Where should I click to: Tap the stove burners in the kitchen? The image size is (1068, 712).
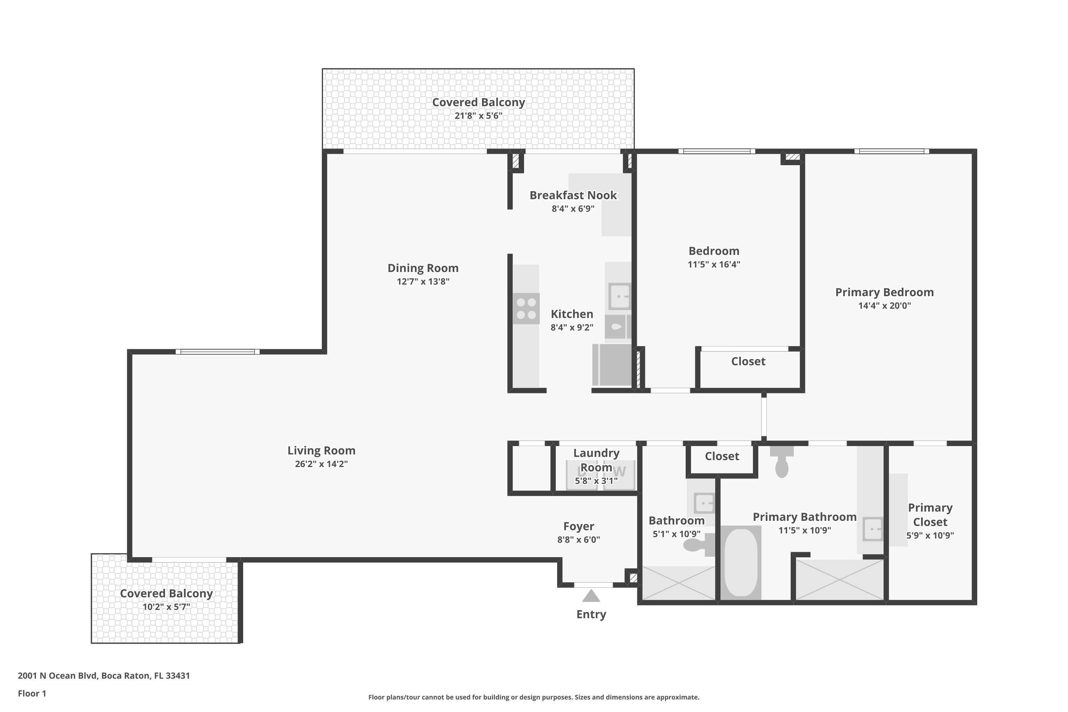(x=526, y=308)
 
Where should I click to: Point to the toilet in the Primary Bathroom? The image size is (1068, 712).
(x=781, y=463)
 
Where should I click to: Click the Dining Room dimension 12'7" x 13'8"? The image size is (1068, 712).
(x=423, y=282)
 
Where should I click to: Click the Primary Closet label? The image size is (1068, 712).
(x=930, y=514)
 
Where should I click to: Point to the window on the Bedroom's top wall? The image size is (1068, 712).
(x=717, y=151)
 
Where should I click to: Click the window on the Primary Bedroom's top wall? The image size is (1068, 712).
(x=891, y=151)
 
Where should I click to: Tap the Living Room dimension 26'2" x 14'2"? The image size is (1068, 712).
(x=321, y=464)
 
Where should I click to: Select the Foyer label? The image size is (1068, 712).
(x=578, y=526)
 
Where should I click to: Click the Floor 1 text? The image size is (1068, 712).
(x=32, y=693)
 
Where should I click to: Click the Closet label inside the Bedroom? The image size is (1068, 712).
(x=748, y=361)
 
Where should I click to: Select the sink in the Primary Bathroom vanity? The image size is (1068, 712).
(x=872, y=529)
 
